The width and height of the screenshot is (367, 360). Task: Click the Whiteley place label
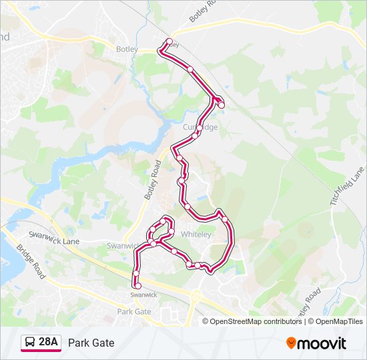196,235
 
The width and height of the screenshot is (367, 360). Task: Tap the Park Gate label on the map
134,311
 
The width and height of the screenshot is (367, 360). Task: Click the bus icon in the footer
31,343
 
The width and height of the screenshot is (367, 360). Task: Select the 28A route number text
49,343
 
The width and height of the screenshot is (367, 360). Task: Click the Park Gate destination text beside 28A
91,343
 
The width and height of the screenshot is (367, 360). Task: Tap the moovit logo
316,343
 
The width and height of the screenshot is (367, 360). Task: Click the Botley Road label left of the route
153,180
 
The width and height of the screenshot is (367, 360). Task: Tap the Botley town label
127,49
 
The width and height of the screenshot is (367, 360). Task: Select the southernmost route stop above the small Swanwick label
138,286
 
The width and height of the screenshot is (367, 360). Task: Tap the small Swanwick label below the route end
143,295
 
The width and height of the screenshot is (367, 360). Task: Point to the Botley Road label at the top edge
203,10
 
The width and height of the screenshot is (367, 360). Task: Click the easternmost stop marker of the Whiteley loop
225,219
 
